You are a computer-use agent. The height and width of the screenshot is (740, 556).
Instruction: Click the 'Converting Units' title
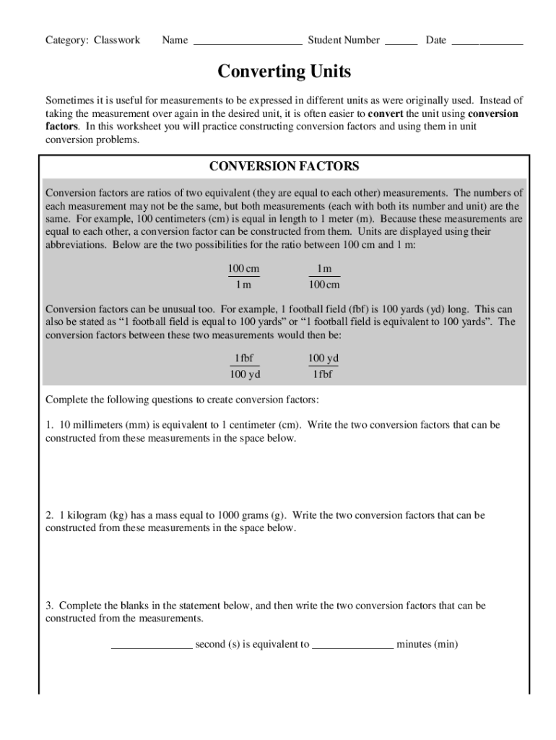pyautogui.click(x=284, y=72)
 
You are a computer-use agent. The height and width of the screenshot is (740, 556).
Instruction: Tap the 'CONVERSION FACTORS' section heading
pyautogui.click(x=284, y=166)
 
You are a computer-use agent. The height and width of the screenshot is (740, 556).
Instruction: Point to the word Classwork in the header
pyautogui.click(x=117, y=40)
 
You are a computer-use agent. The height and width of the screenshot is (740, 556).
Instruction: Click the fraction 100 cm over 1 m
pyautogui.click(x=243, y=276)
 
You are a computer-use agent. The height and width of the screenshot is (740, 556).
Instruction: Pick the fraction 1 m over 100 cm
pyautogui.click(x=324, y=276)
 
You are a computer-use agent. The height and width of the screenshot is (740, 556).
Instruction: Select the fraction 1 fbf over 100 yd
pyautogui.click(x=244, y=366)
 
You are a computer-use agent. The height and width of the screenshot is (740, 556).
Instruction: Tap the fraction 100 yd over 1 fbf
pyautogui.click(x=323, y=366)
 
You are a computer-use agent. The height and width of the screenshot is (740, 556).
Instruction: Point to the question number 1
pyautogui.click(x=49, y=425)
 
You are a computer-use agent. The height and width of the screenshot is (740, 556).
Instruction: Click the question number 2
pyautogui.click(x=49, y=515)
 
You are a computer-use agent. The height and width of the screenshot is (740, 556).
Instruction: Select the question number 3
pyautogui.click(x=49, y=605)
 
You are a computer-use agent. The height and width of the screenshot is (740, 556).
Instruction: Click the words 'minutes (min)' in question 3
pyautogui.click(x=427, y=644)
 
